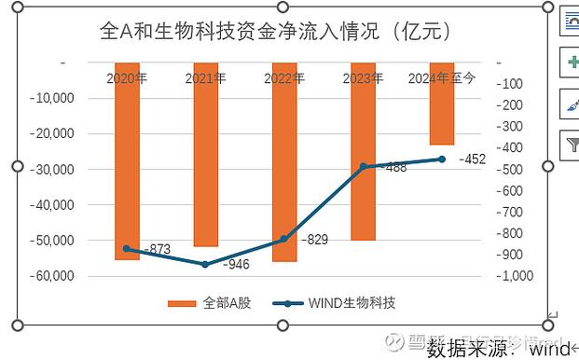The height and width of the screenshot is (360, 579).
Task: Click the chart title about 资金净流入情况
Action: click(276, 31)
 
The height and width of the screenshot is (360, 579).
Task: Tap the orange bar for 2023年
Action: click(363, 205)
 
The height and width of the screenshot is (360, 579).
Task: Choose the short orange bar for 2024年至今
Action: click(441, 112)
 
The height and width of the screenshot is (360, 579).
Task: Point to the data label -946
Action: click(236, 265)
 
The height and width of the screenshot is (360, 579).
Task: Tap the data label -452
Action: click(473, 159)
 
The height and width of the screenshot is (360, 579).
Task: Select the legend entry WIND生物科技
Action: click(335, 303)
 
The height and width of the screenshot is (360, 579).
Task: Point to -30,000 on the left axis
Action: click(53, 169)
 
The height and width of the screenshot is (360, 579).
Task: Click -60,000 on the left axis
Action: click(53, 276)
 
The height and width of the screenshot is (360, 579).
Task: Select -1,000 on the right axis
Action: click(514, 276)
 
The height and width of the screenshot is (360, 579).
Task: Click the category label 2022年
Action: click(283, 78)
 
